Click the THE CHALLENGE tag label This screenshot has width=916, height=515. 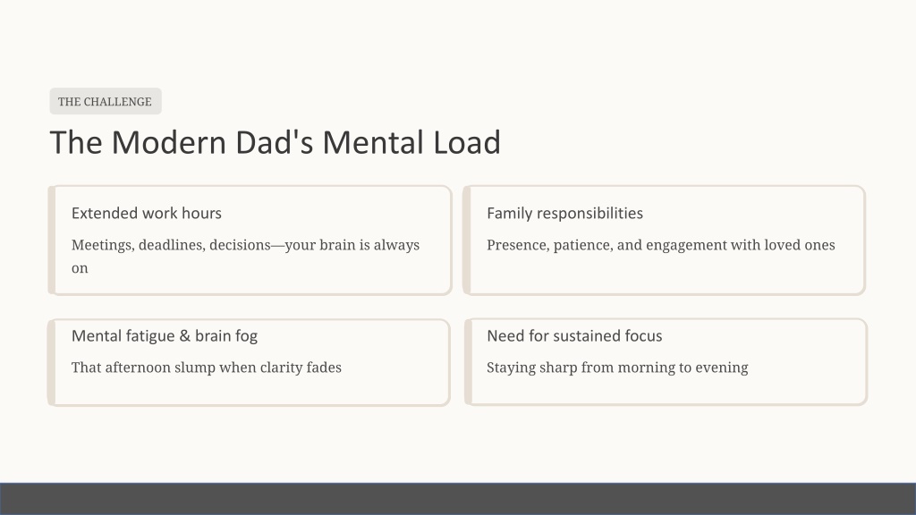[x=106, y=102]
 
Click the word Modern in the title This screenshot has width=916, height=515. [x=169, y=142]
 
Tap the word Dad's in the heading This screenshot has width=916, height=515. [x=275, y=142]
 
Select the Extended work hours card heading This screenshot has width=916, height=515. [x=147, y=213]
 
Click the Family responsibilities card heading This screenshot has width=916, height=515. [x=565, y=213]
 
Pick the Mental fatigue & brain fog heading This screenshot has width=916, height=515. [x=165, y=336]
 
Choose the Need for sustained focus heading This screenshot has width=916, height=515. [x=574, y=336]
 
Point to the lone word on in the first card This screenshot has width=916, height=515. [x=80, y=268]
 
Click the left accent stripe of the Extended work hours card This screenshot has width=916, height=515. [x=51, y=240]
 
